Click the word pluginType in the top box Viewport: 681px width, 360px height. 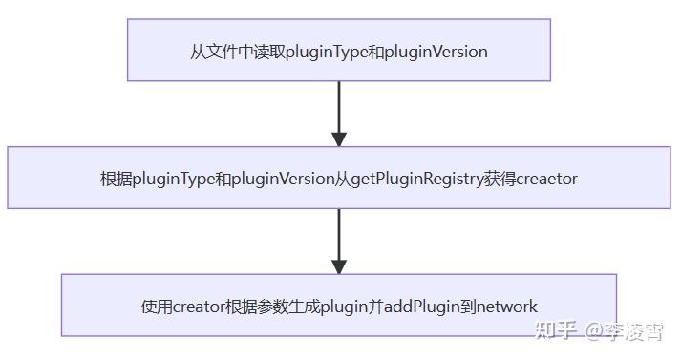(x=327, y=52)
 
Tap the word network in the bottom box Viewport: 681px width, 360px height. (x=507, y=307)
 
